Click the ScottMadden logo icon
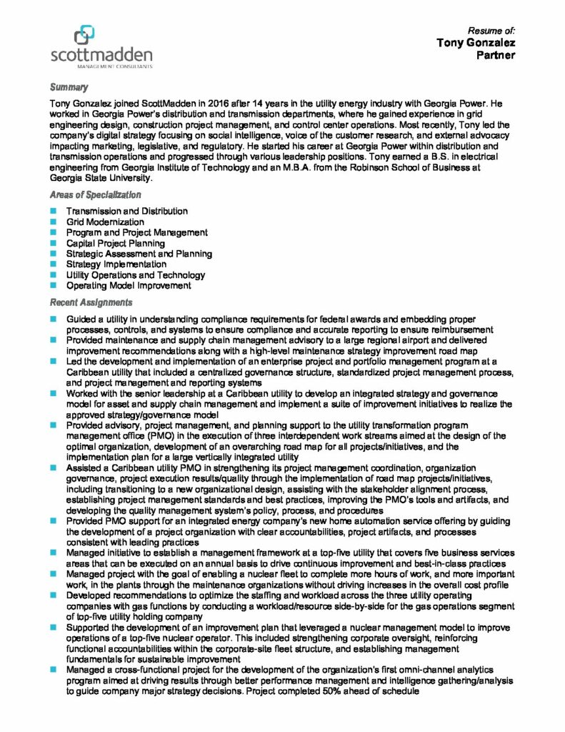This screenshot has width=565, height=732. coord(84,33)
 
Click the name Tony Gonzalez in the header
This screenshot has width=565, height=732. coord(476,43)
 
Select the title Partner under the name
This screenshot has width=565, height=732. coord(496,55)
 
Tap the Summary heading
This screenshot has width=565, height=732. coord(69,87)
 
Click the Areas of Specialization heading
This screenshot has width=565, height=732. coord(94,194)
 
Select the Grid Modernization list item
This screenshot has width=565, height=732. coord(104,222)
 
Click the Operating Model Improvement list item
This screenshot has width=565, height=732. coord(129,285)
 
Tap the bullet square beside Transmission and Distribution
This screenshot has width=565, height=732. coord(54,212)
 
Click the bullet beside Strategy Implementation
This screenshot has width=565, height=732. coord(54,264)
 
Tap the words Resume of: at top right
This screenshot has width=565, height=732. coord(491,31)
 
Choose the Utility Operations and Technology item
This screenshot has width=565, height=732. coord(135,275)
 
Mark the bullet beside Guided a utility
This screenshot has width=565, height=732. coord(54,318)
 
